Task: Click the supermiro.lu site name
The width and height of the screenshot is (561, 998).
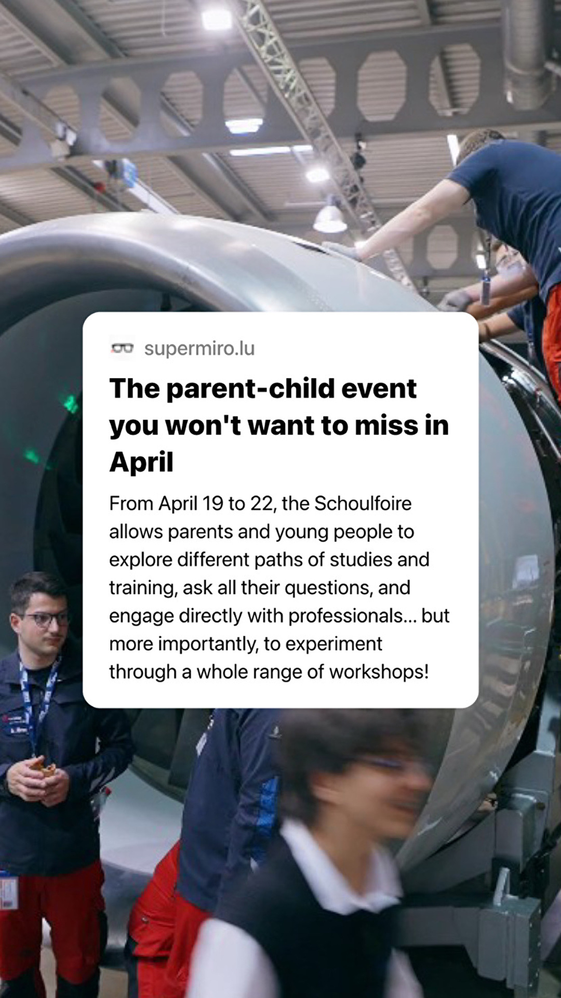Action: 199,348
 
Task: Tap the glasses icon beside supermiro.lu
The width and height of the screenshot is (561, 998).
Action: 123,348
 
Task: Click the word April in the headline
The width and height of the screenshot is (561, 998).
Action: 141,462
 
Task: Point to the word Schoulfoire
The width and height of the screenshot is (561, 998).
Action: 363,503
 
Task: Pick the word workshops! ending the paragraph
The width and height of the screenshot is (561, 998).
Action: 379,672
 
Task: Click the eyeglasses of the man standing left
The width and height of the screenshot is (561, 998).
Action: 46,619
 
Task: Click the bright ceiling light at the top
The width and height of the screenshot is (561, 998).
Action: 217,20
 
